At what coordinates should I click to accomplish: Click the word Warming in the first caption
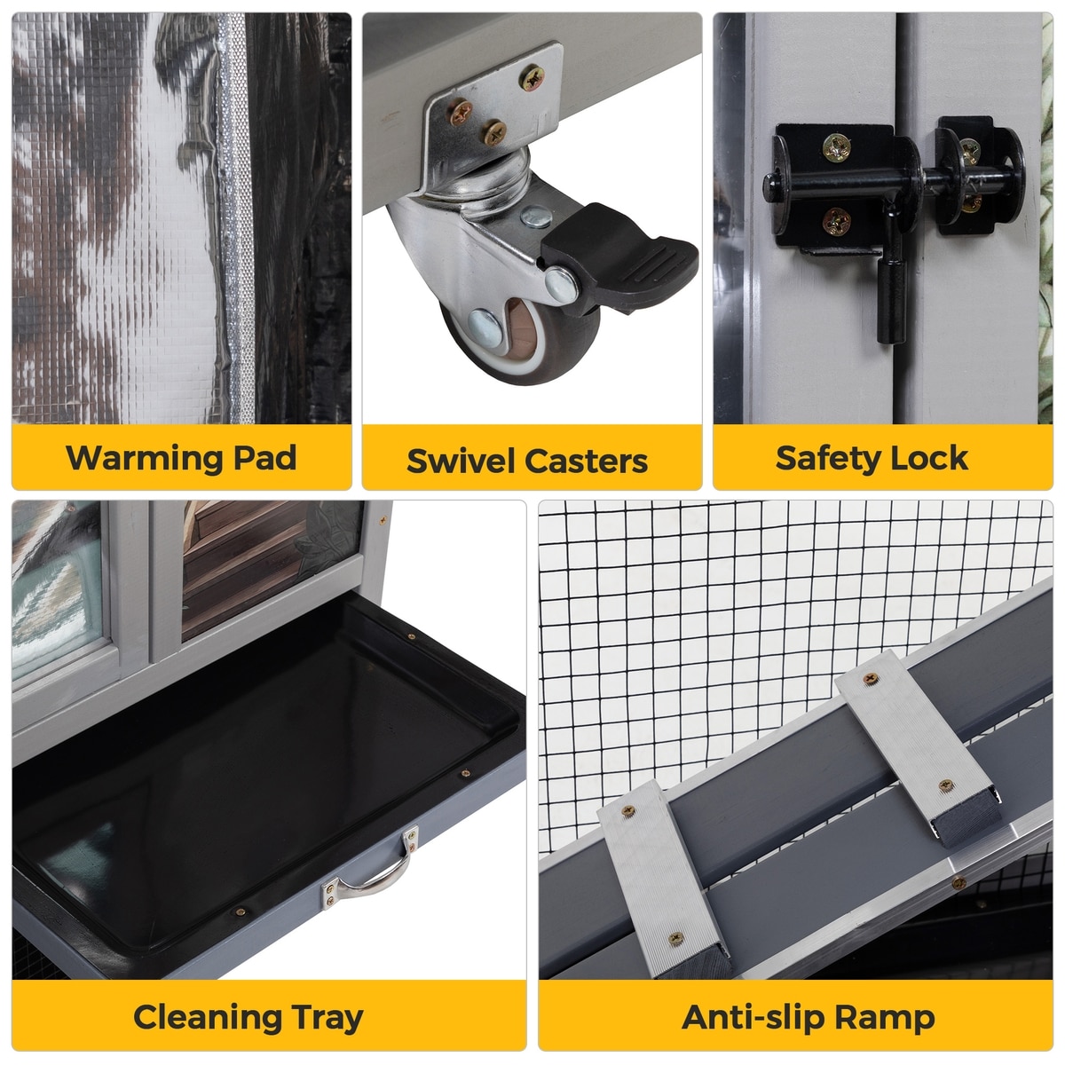pyautogui.click(x=145, y=458)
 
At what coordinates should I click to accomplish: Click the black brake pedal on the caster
pyautogui.click(x=619, y=256)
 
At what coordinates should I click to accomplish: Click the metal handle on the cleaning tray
pyautogui.click(x=371, y=870)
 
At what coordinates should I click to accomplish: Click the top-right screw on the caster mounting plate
pyautogui.click(x=532, y=78)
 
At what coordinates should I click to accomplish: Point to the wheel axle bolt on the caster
pyautogui.click(x=485, y=327)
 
